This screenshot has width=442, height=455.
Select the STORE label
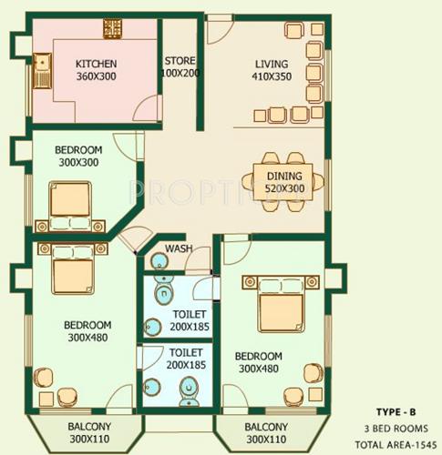(180, 60)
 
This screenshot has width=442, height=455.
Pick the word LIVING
(272, 64)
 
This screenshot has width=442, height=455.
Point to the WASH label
(177, 248)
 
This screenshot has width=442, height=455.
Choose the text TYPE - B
(399, 411)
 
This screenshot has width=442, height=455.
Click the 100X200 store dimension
(180, 73)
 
